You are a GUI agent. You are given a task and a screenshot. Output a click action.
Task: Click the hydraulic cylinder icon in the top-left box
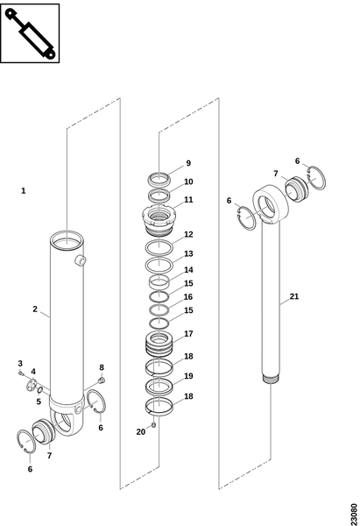click(30, 33)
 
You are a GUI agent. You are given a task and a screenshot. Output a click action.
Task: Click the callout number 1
click(23, 191)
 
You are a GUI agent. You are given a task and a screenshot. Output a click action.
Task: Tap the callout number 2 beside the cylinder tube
click(35, 309)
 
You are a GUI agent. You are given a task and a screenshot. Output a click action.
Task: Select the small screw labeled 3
click(21, 372)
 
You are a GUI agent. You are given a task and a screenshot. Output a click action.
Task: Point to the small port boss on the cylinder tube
click(81, 260)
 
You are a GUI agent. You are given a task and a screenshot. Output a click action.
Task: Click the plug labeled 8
click(102, 380)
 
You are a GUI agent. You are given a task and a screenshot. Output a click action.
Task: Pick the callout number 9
click(188, 163)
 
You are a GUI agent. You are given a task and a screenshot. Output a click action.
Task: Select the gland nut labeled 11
click(159, 220)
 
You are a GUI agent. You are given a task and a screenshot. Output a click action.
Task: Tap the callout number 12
click(188, 234)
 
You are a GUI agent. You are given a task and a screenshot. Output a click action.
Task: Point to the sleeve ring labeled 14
click(159, 282)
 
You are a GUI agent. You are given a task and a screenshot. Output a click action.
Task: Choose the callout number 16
click(188, 297)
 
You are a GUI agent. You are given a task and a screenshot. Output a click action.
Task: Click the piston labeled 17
click(159, 343)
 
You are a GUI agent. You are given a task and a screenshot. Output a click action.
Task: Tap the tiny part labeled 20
click(154, 425)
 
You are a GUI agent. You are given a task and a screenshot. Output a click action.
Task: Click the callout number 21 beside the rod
click(294, 296)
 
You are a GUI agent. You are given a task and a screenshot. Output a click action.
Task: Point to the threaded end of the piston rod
click(271, 380)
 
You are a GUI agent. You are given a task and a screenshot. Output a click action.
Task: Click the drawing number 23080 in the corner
click(354, 514)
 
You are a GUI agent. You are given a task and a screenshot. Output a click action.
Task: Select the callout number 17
click(188, 334)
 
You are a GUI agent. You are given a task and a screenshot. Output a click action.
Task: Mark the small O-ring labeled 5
click(39, 390)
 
